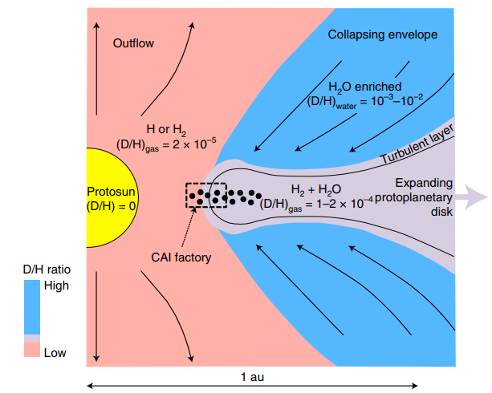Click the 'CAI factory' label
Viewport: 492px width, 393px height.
181,257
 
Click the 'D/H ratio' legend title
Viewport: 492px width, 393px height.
45,268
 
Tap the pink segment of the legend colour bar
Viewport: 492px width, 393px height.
31,350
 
